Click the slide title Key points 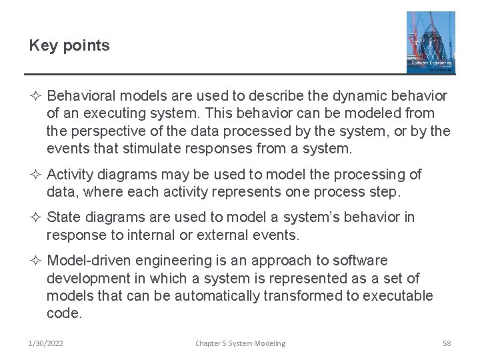69,45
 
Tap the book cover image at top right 431,42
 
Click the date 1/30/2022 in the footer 46,343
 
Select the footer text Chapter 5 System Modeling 240,343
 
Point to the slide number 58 447,343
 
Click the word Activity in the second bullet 70,175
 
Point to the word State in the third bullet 64,218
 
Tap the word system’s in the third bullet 313,218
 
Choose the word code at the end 64,313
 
